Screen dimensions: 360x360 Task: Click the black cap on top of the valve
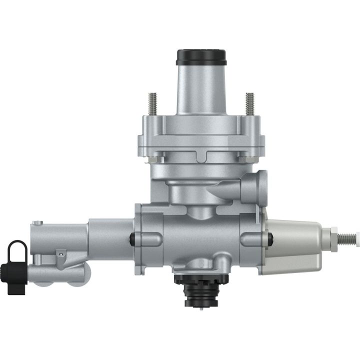point(201,56)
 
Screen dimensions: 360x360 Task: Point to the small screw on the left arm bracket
point(60,254)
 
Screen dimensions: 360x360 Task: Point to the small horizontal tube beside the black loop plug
point(50,273)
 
